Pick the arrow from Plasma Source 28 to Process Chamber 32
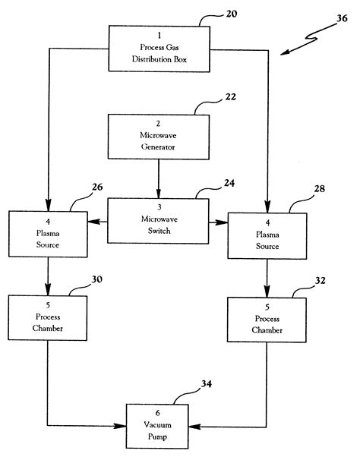[x=267, y=277]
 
